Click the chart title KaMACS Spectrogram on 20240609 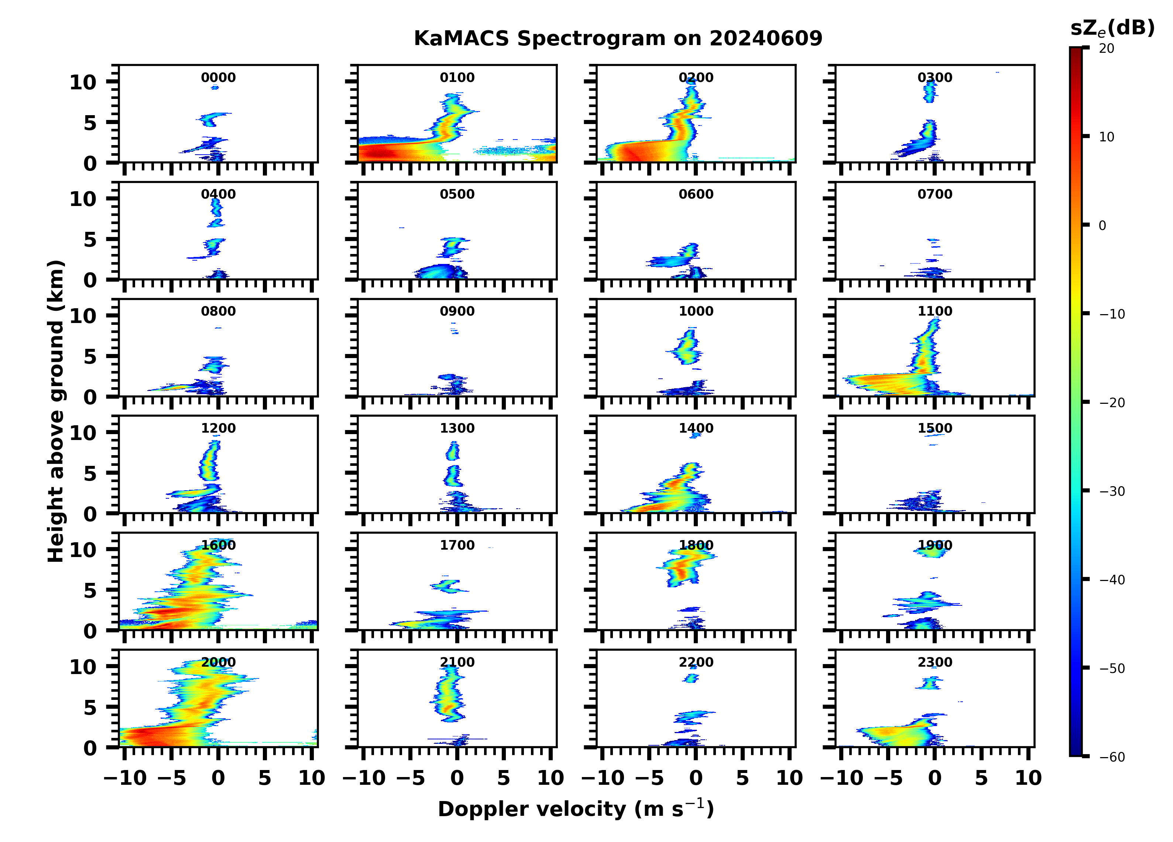[618, 39]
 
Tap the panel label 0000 [218, 78]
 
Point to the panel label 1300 [457, 428]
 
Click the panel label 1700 [457, 545]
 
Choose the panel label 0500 [457, 195]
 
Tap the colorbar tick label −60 [1112, 757]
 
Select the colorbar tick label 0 [1102, 226]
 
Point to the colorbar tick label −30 [1112, 491]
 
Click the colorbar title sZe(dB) [1112, 28]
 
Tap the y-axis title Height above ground [56, 411]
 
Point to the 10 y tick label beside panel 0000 [83, 82]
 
